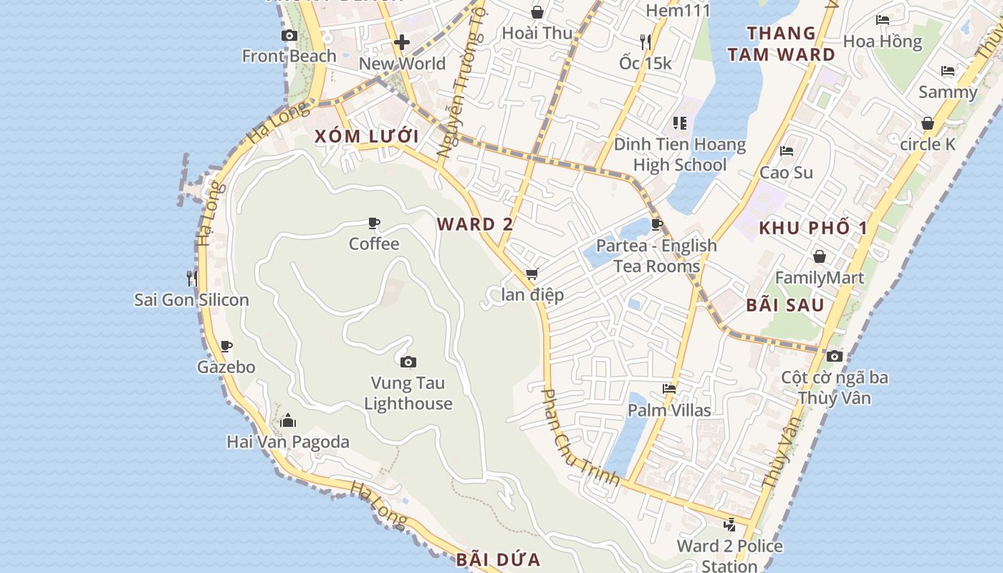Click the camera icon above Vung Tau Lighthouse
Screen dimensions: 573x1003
pyautogui.click(x=408, y=362)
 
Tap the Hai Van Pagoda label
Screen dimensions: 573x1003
pyautogui.click(x=288, y=442)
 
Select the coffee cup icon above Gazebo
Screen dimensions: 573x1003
pyautogui.click(x=226, y=347)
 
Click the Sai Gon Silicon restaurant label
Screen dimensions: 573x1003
pyautogui.click(x=192, y=299)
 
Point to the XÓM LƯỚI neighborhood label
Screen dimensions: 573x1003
pyautogui.click(x=366, y=136)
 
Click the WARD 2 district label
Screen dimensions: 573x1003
pyautogui.click(x=475, y=224)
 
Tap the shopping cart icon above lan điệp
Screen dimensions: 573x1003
pyautogui.click(x=532, y=274)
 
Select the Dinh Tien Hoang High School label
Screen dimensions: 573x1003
pyautogui.click(x=680, y=155)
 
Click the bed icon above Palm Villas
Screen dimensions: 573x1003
pyautogui.click(x=669, y=389)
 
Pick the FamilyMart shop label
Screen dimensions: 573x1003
pyautogui.click(x=820, y=277)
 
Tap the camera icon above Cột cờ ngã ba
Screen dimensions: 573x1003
pyautogui.click(x=834, y=356)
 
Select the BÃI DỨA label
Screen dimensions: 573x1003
pyautogui.click(x=498, y=559)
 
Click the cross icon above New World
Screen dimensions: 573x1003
pyautogui.click(x=402, y=42)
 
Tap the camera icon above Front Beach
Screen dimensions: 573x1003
pyautogui.click(x=289, y=35)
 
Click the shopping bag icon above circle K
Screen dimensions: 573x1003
pyautogui.click(x=928, y=123)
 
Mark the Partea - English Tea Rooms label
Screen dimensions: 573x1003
pyautogui.click(x=656, y=256)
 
